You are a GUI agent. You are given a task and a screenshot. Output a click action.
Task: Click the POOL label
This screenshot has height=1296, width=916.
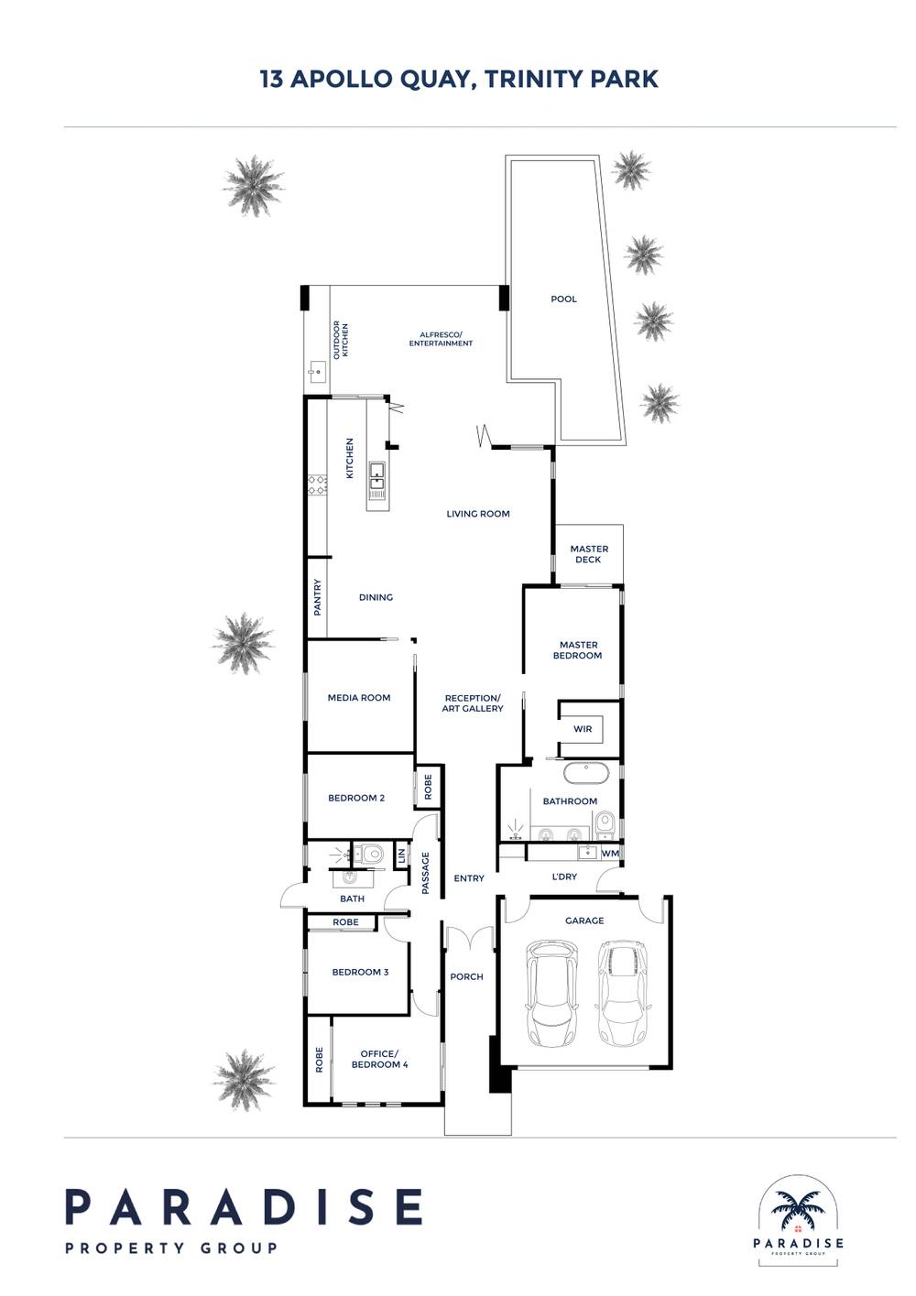coord(563,299)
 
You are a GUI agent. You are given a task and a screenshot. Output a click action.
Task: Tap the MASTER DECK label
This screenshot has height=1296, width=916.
coord(588,554)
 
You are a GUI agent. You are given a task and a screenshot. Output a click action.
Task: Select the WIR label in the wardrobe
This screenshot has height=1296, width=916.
coord(583,729)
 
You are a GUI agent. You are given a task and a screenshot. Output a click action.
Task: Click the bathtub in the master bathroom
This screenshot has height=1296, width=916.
coord(586,774)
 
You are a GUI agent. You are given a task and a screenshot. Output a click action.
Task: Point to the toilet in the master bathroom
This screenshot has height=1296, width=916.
coord(605,822)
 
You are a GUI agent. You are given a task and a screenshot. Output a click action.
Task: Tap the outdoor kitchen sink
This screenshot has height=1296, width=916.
coord(316,369)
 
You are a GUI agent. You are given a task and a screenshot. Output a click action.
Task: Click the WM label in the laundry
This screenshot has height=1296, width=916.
coord(610,854)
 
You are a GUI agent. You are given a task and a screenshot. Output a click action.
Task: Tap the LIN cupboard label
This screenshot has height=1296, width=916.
coord(400,855)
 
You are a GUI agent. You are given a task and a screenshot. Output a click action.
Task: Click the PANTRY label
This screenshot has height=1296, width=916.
coord(317,597)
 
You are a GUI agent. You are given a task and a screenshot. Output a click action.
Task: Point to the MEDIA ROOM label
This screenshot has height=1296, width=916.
coord(359,698)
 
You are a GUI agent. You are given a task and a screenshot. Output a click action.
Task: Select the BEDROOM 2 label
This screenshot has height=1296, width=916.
coord(356,798)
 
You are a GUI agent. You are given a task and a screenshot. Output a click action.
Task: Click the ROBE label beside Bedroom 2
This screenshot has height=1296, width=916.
coord(428,787)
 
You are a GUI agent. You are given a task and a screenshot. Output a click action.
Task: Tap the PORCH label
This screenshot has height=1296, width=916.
coord(466,976)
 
